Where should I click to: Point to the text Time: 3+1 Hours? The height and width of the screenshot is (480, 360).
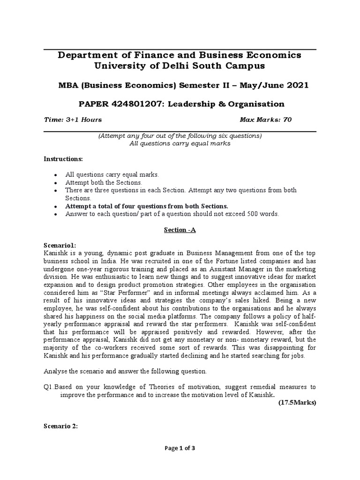click(x=72, y=120)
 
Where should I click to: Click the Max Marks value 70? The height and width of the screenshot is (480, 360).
click(x=287, y=120)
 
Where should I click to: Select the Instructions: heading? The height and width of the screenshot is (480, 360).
click(x=63, y=159)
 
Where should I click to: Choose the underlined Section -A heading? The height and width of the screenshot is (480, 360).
click(x=180, y=230)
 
